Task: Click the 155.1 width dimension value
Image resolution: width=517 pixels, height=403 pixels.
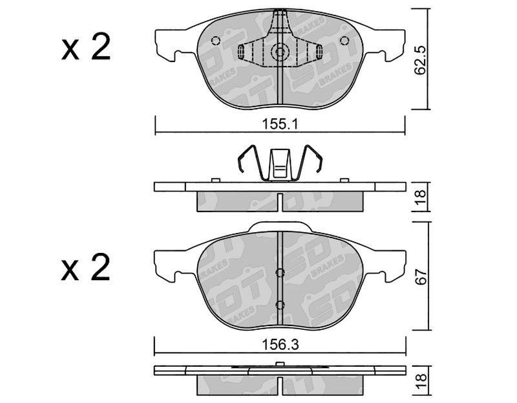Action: pyautogui.click(x=280, y=124)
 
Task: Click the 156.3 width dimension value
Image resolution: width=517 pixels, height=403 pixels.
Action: pyautogui.click(x=280, y=345)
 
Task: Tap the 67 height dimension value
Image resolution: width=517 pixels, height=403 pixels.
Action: pyautogui.click(x=421, y=276)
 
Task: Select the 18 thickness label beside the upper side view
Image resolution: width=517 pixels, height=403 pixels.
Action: pyautogui.click(x=421, y=197)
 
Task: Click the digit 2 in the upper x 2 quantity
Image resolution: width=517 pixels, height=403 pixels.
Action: pyautogui.click(x=101, y=48)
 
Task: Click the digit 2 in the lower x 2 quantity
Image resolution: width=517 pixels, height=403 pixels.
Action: pyautogui.click(x=101, y=268)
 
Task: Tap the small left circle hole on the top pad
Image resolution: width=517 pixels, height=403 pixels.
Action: pyautogui.click(x=216, y=41)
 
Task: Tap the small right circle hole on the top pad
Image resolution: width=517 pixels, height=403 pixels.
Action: pyautogui.click(x=344, y=41)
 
